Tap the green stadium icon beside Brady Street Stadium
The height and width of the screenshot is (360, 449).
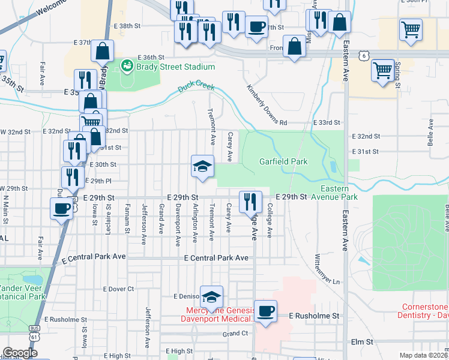(127, 65)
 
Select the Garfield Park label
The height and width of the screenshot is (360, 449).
(283, 161)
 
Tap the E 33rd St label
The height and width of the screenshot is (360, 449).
(327, 122)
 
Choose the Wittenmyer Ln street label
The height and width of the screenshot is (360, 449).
(327, 269)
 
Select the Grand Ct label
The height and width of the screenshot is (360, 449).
(235, 334)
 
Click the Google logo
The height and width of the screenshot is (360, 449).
(20, 353)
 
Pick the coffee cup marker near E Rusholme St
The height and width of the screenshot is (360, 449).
(265, 311)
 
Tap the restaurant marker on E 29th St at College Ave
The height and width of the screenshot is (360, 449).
(250, 202)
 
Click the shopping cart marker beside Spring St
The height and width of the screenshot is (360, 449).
(382, 71)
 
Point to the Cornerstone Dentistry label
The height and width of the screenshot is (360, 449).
(423, 311)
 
